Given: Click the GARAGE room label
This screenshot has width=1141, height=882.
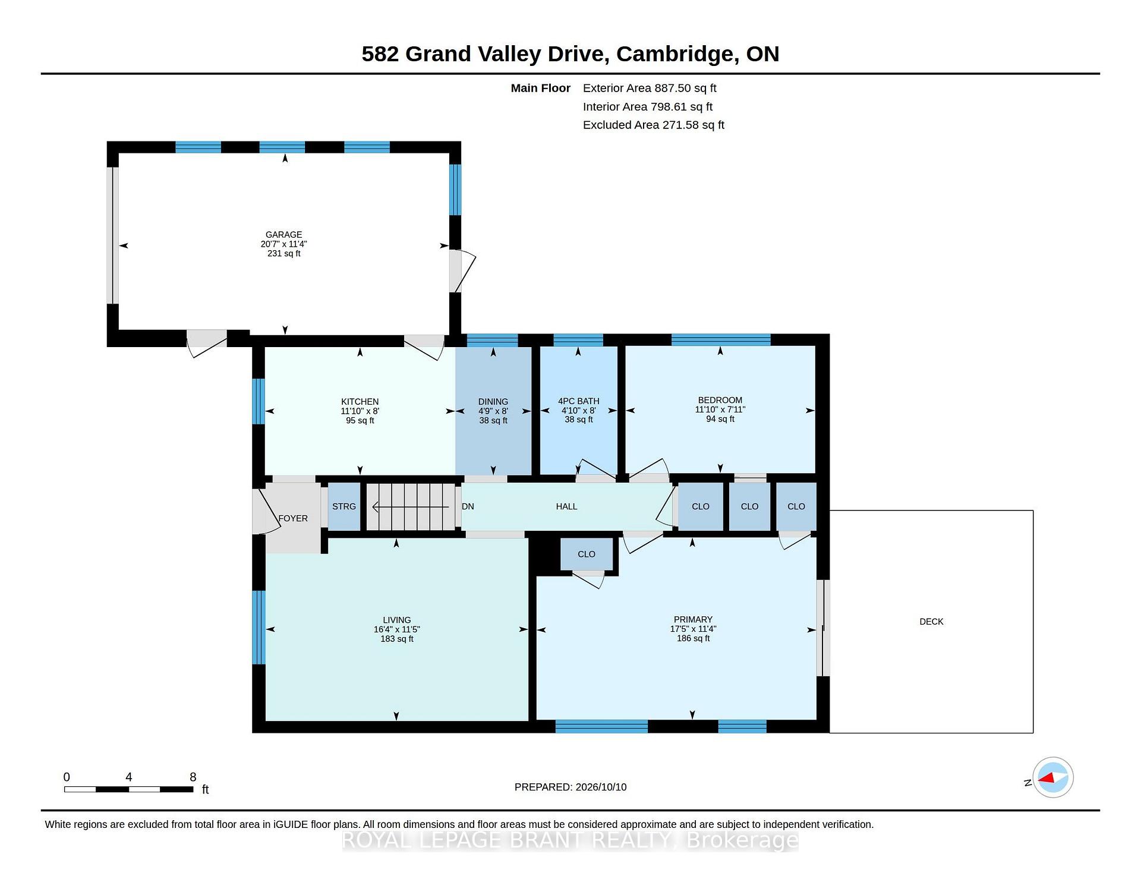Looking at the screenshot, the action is [x=284, y=235].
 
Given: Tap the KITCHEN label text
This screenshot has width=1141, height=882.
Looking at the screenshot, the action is [x=360, y=402].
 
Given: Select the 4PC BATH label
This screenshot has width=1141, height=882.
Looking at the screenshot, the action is [x=579, y=401].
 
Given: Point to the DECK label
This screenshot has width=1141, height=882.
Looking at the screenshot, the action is [x=931, y=622].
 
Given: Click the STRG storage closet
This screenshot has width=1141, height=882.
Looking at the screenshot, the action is [x=344, y=506].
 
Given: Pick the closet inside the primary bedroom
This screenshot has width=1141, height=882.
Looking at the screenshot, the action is [x=587, y=554].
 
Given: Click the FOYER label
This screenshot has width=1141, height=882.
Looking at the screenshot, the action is [x=293, y=518].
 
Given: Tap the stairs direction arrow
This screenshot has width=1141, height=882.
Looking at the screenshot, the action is [x=410, y=507].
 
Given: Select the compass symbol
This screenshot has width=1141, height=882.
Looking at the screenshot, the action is [x=1053, y=777].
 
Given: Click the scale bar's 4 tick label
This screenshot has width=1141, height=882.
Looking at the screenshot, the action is [x=128, y=777].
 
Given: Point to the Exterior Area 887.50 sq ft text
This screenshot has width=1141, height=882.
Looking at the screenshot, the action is [x=650, y=89].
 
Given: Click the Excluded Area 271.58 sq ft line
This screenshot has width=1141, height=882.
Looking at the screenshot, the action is [x=654, y=125].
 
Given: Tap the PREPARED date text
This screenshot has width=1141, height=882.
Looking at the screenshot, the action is [x=570, y=787].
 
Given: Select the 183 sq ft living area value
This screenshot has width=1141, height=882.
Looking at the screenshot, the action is [x=397, y=639].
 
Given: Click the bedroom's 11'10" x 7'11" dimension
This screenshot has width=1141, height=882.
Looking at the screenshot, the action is [x=720, y=409].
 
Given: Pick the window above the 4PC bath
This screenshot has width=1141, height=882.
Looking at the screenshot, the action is [x=578, y=340].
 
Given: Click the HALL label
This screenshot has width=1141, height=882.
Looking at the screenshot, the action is [x=566, y=506].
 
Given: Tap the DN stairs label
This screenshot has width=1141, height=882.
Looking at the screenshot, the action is [x=468, y=506].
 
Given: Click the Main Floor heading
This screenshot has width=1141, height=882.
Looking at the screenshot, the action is [x=541, y=89].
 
